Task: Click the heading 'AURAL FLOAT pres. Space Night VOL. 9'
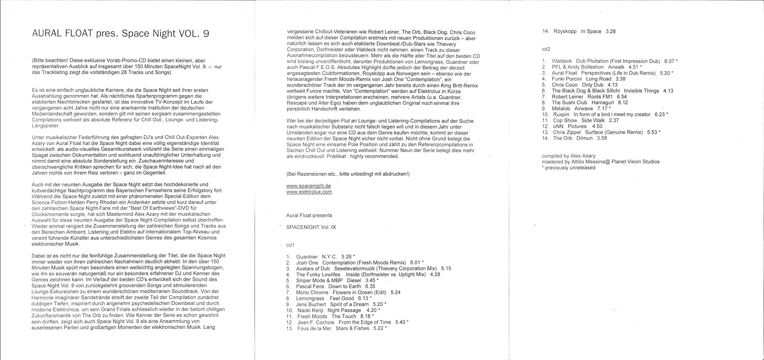coord(120,33)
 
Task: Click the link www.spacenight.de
coord(308,186)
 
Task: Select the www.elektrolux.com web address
coord(309,192)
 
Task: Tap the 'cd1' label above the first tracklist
coord(290,245)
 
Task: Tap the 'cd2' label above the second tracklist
coord(546,49)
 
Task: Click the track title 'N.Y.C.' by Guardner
coord(329,257)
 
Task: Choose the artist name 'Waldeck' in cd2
coord(562,61)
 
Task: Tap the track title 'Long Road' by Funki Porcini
coord(599,79)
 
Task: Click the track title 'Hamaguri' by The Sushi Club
coord(603,103)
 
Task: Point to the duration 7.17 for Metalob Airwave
coord(602,108)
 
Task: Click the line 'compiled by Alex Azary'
coord(568,156)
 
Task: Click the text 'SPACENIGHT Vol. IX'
coord(311,227)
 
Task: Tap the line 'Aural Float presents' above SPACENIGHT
coord(309,215)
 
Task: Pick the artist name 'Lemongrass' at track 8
coord(310,298)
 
